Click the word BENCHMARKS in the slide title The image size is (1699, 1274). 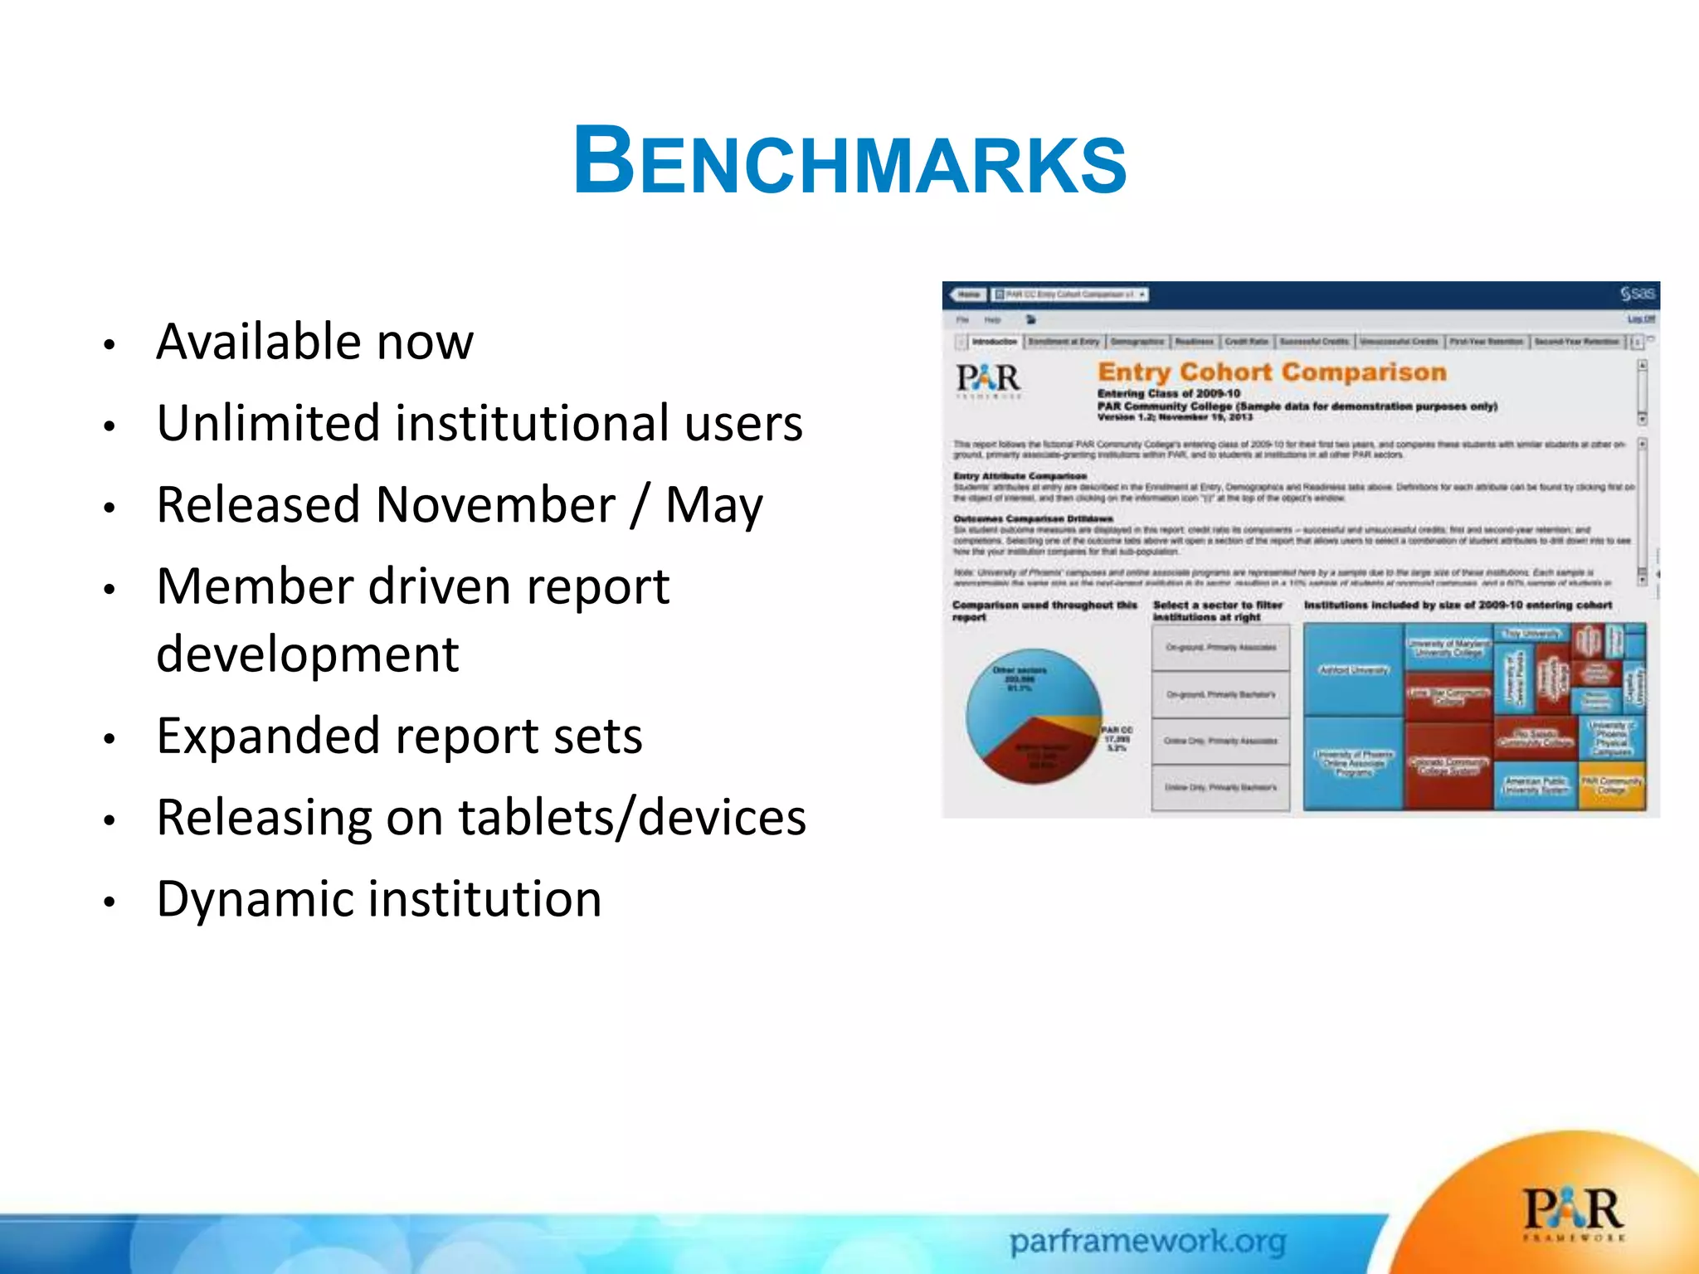click(x=849, y=162)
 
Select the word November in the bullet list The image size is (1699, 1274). click(x=495, y=504)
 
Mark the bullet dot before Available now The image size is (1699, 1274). click(x=109, y=345)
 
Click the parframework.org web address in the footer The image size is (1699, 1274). click(x=1147, y=1242)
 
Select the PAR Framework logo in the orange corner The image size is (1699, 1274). click(x=1573, y=1213)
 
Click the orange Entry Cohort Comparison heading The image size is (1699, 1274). click(x=1272, y=372)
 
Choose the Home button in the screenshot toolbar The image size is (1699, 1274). click(x=968, y=294)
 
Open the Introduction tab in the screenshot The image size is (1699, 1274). click(x=994, y=342)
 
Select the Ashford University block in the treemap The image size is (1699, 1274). click(x=1353, y=670)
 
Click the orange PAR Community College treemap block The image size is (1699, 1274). click(x=1611, y=786)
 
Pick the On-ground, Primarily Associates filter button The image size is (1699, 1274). click(x=1220, y=647)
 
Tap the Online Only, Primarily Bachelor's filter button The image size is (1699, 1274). click(x=1220, y=787)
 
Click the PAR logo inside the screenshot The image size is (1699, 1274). click(x=988, y=379)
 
